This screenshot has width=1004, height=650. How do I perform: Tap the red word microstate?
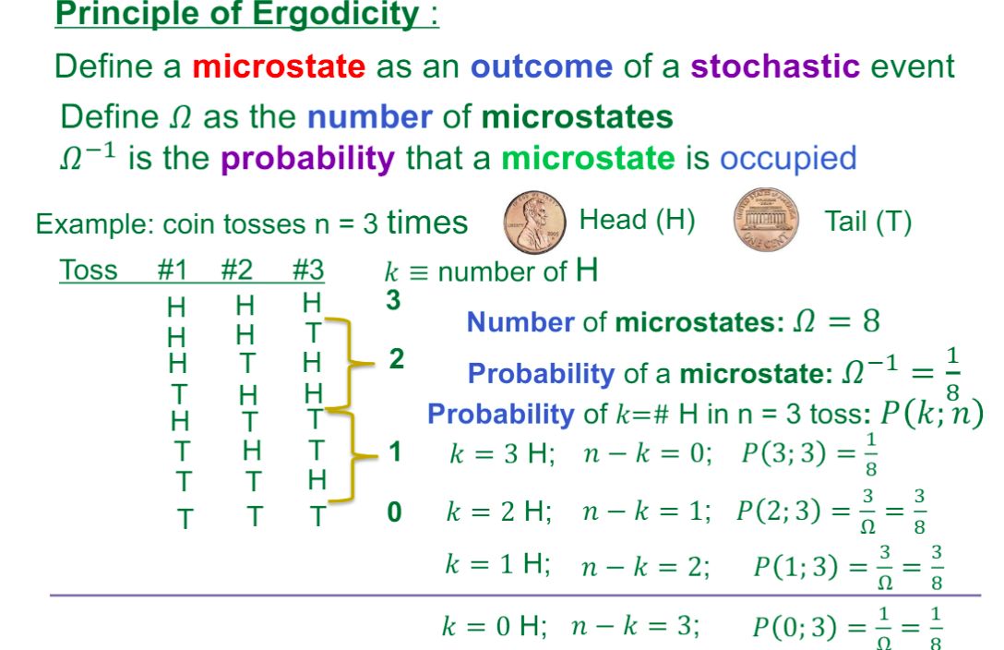pyautogui.click(x=279, y=66)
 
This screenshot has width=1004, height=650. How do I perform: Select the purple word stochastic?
pyautogui.click(x=774, y=66)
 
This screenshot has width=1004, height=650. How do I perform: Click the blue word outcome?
pyautogui.click(x=541, y=66)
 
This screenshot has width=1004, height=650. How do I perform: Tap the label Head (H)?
pyautogui.click(x=637, y=220)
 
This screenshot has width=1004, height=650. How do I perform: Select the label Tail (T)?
pyautogui.click(x=868, y=222)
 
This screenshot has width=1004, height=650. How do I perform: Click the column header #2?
pyautogui.click(x=238, y=271)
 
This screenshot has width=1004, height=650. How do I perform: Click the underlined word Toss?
pyautogui.click(x=89, y=271)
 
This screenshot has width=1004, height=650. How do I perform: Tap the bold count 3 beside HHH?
pyautogui.click(x=393, y=302)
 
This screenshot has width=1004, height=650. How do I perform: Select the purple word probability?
pyautogui.click(x=307, y=159)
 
